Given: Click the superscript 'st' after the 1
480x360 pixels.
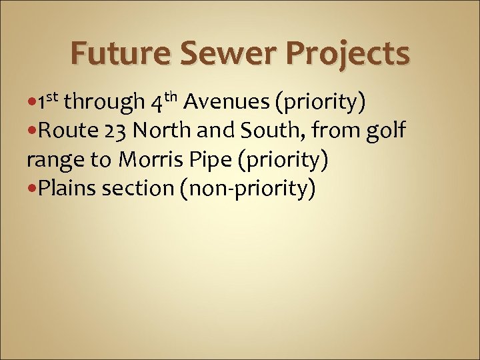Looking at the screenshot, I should coord(53,98).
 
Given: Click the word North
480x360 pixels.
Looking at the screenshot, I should coord(153,131).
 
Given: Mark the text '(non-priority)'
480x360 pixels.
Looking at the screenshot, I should coord(246,190).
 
